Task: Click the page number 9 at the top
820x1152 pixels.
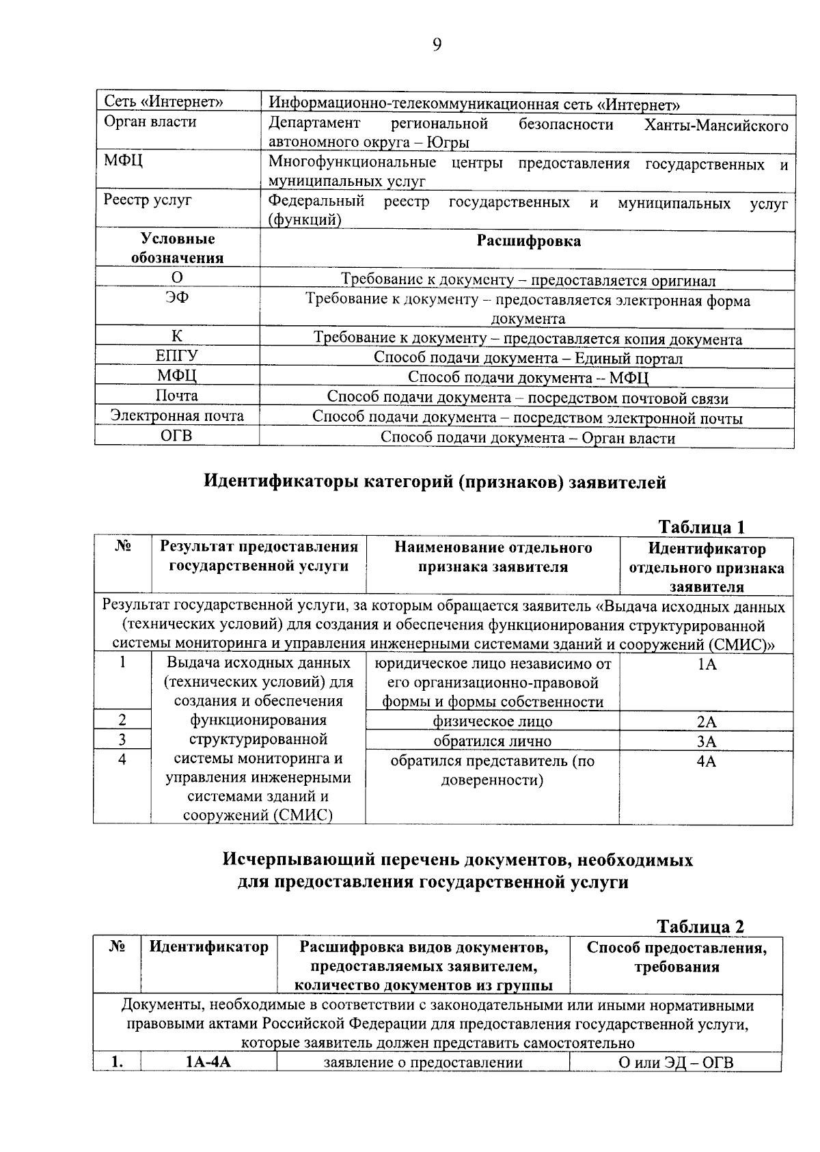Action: coord(437,45)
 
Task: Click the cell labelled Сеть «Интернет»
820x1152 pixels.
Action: coord(164,102)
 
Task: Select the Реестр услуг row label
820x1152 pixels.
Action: coord(148,200)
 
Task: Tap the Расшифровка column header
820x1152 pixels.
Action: coord(528,241)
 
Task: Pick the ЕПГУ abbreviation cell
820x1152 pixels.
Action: coord(177,356)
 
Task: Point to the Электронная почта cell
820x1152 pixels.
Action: coord(177,415)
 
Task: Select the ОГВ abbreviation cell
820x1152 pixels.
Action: coord(177,436)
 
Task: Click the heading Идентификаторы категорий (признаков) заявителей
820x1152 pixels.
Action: coord(435,482)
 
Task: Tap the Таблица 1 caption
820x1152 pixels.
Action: coord(700,527)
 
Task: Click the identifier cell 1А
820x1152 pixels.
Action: coord(707,664)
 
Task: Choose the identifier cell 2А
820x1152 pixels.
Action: coord(707,722)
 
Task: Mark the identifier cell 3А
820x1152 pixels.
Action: coord(707,741)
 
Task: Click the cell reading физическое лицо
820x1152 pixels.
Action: coord(492,722)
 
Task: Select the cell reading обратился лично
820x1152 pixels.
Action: coord(492,741)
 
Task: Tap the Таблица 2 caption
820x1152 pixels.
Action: coord(700,927)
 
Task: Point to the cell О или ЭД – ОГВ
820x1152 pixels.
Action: coord(676,1062)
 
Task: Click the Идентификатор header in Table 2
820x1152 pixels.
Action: coord(208,948)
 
